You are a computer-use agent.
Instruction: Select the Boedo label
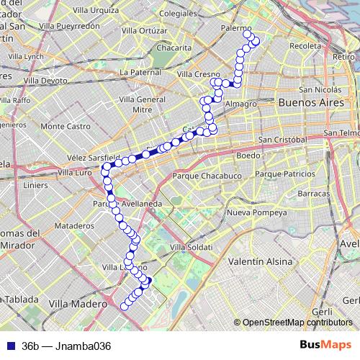click(247, 155)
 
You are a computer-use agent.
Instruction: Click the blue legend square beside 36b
click(9, 346)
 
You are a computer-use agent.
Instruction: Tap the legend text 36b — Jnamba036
click(66, 346)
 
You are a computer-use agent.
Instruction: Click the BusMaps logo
click(325, 345)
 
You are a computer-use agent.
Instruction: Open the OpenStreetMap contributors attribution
click(298, 322)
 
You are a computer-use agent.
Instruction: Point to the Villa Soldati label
click(191, 248)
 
